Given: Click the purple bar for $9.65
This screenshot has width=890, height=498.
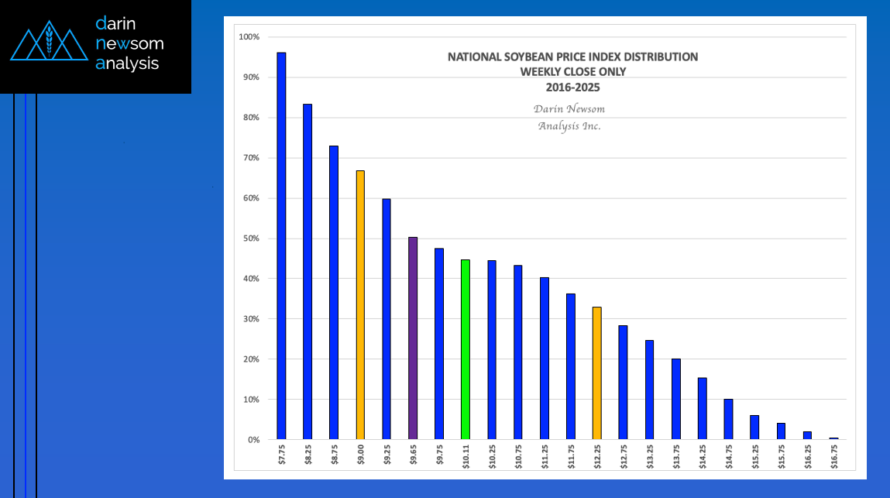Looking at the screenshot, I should [x=413, y=338].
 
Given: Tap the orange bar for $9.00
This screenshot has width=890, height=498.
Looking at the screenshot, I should [x=360, y=305].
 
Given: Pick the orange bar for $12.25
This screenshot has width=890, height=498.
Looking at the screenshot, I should [x=596, y=373].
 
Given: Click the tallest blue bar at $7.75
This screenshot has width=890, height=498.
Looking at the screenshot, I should [x=281, y=246].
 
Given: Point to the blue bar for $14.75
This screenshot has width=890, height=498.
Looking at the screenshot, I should [x=728, y=419].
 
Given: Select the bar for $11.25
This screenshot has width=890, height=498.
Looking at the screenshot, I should [x=545, y=359].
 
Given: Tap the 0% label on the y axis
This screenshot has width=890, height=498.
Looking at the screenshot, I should [x=253, y=440].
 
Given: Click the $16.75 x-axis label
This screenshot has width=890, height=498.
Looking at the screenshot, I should [x=833, y=458].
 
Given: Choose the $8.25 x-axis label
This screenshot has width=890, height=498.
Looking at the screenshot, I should [x=308, y=458].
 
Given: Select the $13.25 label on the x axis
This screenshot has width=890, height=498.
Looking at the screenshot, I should [x=650, y=458].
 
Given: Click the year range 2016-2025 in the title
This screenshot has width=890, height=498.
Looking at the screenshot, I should [x=572, y=88].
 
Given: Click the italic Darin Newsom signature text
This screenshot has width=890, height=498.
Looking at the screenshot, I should [x=569, y=109].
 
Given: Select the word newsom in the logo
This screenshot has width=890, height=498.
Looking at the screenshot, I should [x=129, y=43].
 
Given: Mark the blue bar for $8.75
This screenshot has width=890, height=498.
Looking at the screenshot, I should [x=334, y=293].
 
